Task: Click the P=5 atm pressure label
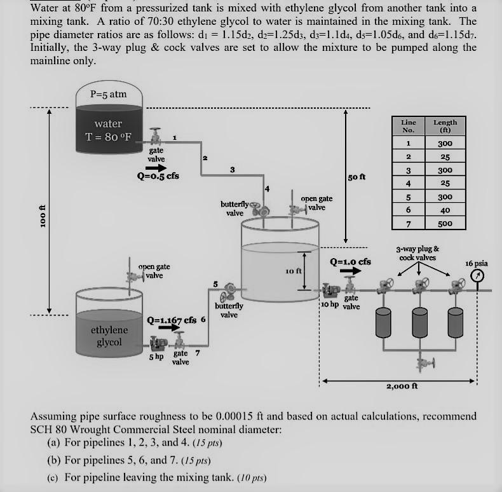tap(108, 94)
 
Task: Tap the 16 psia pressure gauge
tap(478, 276)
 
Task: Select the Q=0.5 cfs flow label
tap(158, 176)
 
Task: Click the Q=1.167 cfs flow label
tap(172, 320)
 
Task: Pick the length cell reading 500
tap(445, 223)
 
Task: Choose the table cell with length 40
tap(445, 210)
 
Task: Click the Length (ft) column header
tap(445, 125)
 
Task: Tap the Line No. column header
tap(409, 125)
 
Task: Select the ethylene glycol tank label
tap(109, 336)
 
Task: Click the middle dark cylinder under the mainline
tap(419, 322)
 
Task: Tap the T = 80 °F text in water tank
tap(109, 137)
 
